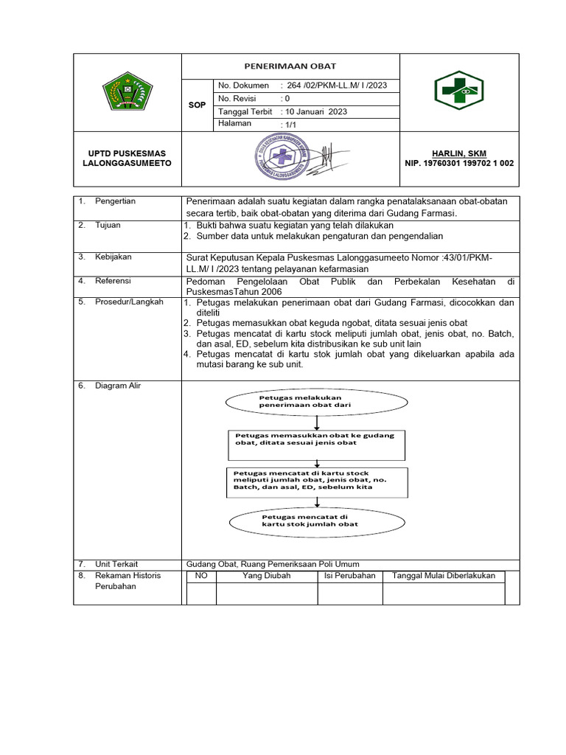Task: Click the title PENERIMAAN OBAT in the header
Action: tap(290, 66)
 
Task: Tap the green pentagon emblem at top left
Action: tap(127, 93)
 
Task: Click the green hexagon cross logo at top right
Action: tap(458, 92)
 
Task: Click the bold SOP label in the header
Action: tap(197, 105)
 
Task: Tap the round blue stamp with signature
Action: tap(281, 156)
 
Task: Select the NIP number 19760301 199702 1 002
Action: tap(458, 163)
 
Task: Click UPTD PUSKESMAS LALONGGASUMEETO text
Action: tap(127, 158)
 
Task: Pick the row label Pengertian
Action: tap(115, 201)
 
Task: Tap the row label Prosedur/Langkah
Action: tap(129, 302)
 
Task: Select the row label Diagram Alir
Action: tap(118, 386)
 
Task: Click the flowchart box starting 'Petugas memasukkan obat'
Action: tap(315, 439)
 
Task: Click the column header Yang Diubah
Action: tap(266, 576)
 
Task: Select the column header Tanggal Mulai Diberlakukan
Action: tap(444, 576)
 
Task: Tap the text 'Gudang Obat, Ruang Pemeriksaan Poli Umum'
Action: tap(273, 564)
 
